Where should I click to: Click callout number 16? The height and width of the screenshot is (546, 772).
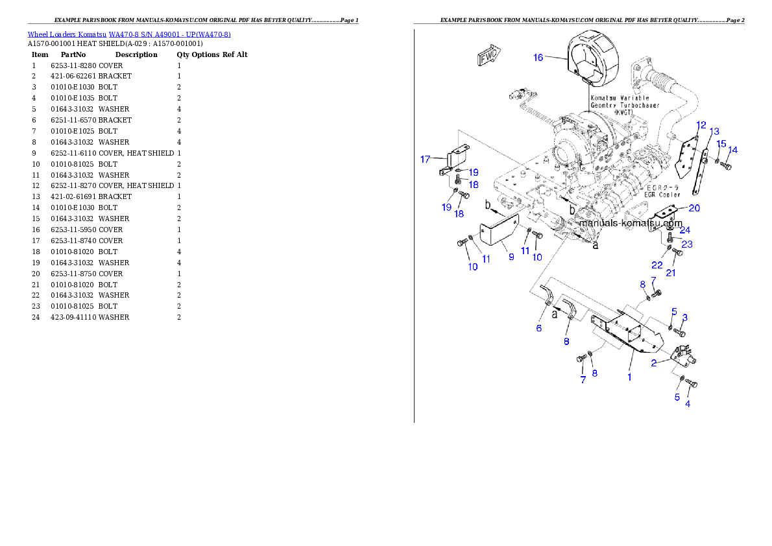[x=538, y=57]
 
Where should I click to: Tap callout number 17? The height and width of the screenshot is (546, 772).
[x=426, y=158]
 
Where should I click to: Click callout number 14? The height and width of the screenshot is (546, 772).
[x=732, y=150]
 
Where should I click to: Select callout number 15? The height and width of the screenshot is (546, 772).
[x=721, y=143]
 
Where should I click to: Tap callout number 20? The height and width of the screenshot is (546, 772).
[x=694, y=208]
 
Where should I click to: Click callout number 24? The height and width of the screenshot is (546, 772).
[x=684, y=230]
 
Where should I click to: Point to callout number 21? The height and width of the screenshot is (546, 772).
[x=671, y=272]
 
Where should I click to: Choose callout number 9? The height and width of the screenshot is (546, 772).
[x=511, y=257]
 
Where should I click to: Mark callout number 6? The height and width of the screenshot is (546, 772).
[x=538, y=328]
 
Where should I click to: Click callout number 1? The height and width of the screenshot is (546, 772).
[x=629, y=376]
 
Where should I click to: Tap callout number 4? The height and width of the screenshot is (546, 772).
[x=688, y=403]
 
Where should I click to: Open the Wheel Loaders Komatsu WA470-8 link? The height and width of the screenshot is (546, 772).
[x=129, y=34]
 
